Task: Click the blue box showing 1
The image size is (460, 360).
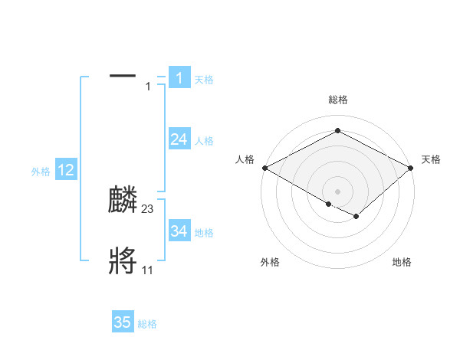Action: tap(179, 78)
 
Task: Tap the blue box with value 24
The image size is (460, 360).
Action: tap(179, 139)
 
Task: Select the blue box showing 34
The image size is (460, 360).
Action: tap(179, 231)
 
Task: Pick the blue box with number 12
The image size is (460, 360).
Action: tap(66, 170)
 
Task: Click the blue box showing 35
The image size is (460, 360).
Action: tap(123, 322)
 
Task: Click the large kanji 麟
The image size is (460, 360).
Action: tap(123, 201)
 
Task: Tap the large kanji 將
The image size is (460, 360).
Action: tap(123, 261)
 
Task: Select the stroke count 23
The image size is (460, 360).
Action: tap(148, 209)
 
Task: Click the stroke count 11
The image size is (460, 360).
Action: tap(147, 270)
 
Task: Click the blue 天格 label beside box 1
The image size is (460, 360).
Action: tap(204, 80)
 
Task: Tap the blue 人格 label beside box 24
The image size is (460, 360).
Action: tap(204, 141)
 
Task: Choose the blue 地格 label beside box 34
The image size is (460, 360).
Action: tap(204, 232)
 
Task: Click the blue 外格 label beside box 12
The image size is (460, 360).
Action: tap(41, 172)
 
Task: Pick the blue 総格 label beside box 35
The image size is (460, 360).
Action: tap(147, 324)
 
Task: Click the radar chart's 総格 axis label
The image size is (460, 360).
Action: tap(337, 100)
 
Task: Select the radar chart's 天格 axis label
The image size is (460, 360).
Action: tap(431, 159)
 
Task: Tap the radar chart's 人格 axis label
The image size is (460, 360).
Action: tap(245, 159)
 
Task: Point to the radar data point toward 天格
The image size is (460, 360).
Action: tap(411, 167)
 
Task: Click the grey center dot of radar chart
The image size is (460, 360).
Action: tap(337, 191)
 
